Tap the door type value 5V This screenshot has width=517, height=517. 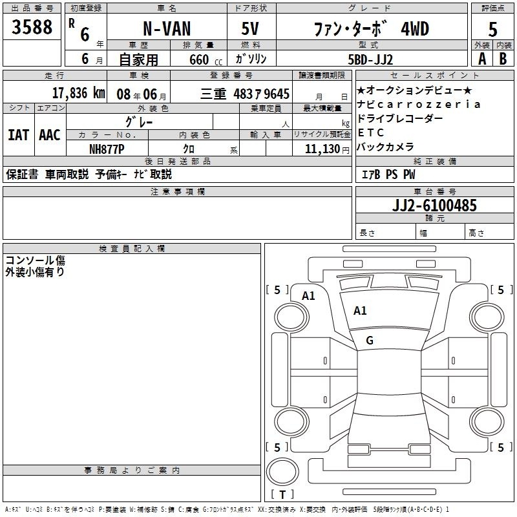[x=251, y=30]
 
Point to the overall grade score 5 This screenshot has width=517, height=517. [x=493, y=30]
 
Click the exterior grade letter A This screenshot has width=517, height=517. [x=481, y=58]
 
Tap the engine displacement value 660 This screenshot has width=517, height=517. [x=198, y=59]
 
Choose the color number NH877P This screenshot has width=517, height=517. [x=107, y=149]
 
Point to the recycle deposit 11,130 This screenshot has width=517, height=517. [x=321, y=149]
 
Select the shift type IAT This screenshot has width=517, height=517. [x=18, y=134]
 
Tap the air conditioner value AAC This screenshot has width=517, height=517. [x=49, y=134]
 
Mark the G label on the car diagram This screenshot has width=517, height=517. [x=370, y=341]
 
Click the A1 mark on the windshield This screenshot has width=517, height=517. [x=360, y=311]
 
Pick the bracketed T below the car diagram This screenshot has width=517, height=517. [x=282, y=495]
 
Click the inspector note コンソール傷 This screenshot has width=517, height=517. [x=36, y=260]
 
